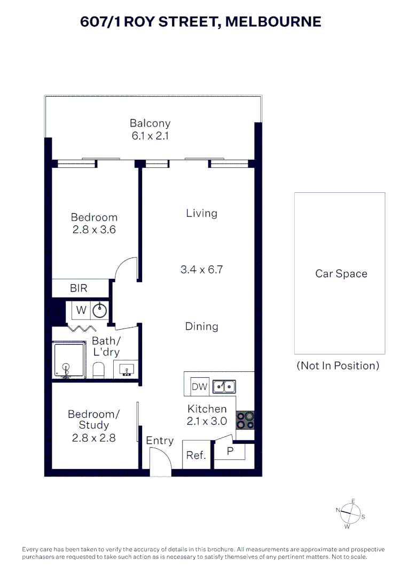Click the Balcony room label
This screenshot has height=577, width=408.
coord(150,123)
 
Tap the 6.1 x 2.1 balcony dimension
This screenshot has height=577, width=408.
coord(150,136)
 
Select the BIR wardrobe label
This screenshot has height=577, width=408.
coord(79,288)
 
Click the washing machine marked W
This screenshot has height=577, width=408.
coord(81,310)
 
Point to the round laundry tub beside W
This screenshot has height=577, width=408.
coord(100,310)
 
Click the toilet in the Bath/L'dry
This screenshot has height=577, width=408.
coord(99,370)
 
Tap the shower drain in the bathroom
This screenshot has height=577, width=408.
coord(66,367)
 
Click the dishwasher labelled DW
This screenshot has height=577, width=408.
coord(200,386)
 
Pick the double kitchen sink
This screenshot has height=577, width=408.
coord(224,387)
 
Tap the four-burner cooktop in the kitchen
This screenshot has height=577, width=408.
coord(245,420)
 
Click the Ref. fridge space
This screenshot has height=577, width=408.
coord(196,455)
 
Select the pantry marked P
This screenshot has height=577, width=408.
coord(230,451)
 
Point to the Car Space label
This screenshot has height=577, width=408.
coord(341,274)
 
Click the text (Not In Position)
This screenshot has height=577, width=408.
coord(338,365)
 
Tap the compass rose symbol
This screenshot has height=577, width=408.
coord(350,513)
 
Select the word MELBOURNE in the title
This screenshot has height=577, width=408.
coord(273,22)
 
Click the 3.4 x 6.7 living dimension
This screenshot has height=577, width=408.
coord(202,269)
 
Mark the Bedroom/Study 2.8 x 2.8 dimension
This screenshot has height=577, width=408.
coord(94,438)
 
